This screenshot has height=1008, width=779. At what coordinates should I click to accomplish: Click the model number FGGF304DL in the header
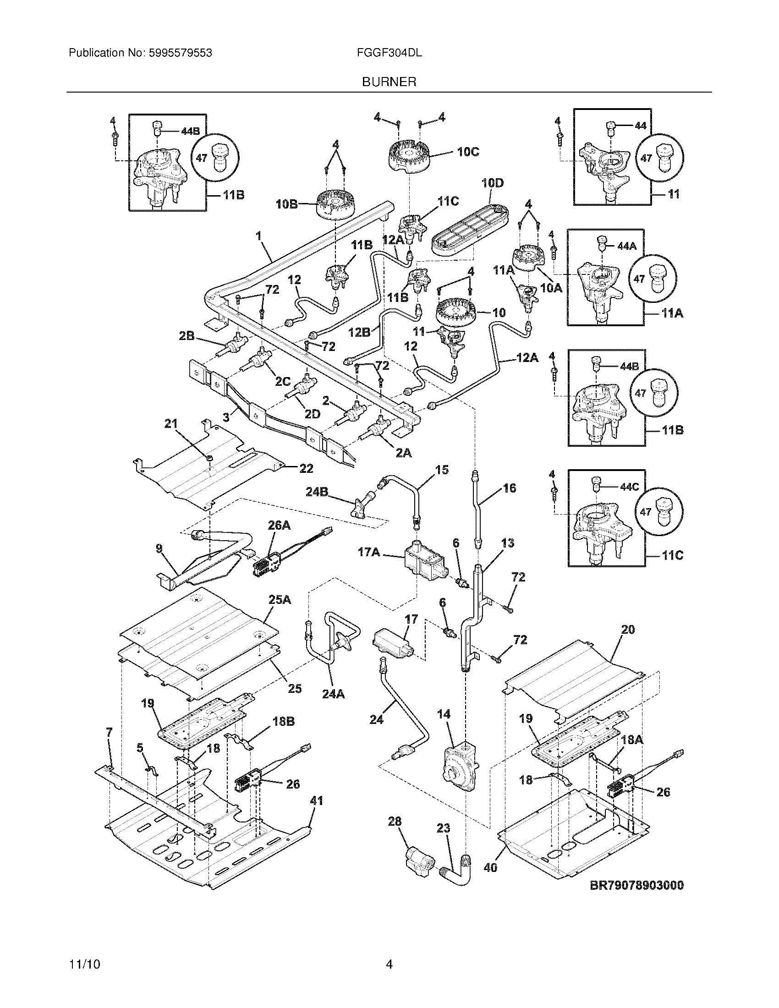click(389, 53)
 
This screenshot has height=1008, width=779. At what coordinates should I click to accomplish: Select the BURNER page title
click(389, 82)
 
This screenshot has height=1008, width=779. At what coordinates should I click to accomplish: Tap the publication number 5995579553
click(181, 53)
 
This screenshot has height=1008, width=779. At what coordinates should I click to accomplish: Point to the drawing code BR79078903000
click(637, 885)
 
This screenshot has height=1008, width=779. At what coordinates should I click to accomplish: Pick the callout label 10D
click(493, 183)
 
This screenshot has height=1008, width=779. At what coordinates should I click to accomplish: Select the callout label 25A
click(280, 600)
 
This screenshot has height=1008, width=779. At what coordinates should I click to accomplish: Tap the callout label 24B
click(317, 492)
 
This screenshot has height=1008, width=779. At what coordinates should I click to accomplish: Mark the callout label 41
click(316, 801)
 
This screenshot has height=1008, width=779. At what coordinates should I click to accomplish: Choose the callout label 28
click(395, 821)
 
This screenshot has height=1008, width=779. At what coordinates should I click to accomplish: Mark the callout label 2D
click(312, 415)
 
